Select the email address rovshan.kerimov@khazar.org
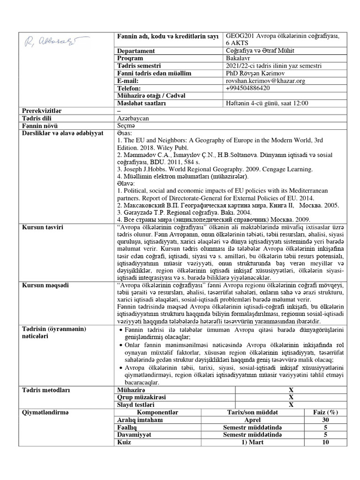click(x=265, y=81)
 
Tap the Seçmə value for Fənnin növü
click(x=125, y=126)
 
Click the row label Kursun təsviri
click(x=43, y=227)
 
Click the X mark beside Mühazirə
click(x=291, y=390)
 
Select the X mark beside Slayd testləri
click(x=291, y=405)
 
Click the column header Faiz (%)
click(x=326, y=412)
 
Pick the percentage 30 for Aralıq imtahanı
click(x=326, y=420)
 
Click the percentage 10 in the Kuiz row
click(x=326, y=442)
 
